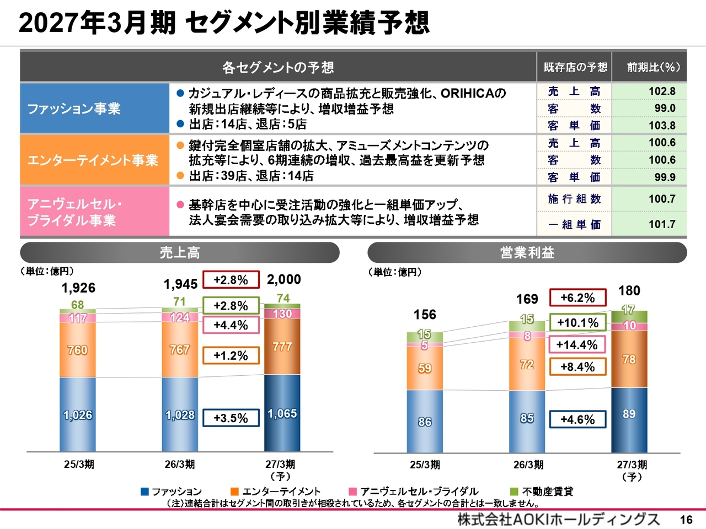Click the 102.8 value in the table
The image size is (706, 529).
click(662, 91)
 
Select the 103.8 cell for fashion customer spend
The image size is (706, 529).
click(662, 125)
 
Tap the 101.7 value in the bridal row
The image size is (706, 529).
click(662, 224)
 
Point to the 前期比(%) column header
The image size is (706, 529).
click(653, 67)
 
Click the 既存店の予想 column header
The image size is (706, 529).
click(575, 67)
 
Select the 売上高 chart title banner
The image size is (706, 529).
click(180, 252)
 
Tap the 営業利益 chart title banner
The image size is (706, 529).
click(527, 252)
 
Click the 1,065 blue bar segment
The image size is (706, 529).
click(282, 413)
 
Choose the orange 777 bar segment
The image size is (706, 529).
click(282, 347)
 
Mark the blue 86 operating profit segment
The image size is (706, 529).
click(425, 422)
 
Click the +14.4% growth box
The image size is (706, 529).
click(577, 344)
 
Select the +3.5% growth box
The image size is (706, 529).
click(231, 418)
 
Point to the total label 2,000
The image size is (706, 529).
click(284, 279)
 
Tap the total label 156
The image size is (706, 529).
click(425, 315)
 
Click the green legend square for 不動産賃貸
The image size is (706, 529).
click(514, 492)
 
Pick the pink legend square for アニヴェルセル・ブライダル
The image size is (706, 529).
click(353, 492)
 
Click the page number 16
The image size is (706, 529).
click(686, 520)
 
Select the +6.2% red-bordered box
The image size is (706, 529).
click(577, 298)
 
